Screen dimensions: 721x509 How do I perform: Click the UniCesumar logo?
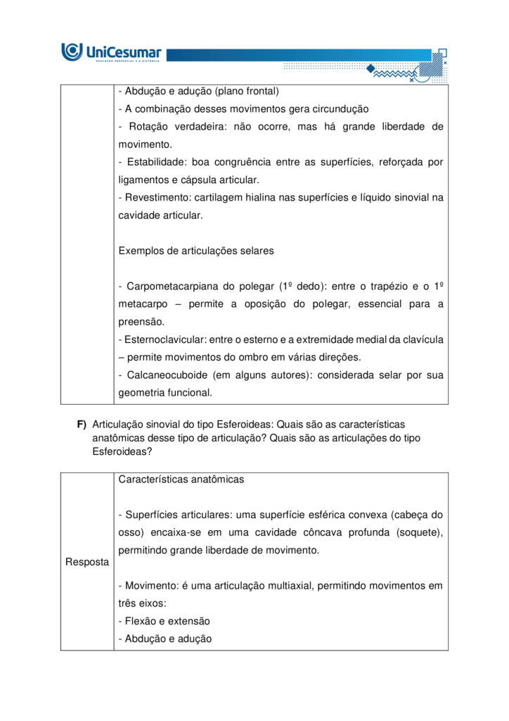(111, 52)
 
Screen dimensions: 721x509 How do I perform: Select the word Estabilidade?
(155, 162)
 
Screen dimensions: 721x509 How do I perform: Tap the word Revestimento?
(154, 198)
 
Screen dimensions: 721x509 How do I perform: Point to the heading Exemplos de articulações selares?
(196, 251)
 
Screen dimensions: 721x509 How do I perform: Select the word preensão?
(140, 322)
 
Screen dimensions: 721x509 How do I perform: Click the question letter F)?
(82, 424)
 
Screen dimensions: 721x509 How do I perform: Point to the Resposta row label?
(87, 562)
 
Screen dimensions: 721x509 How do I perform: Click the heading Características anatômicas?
(181, 479)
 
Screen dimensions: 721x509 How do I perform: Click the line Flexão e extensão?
(165, 621)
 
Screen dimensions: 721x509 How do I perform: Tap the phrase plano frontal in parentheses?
(247, 92)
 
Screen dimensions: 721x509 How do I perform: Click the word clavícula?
(423, 339)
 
